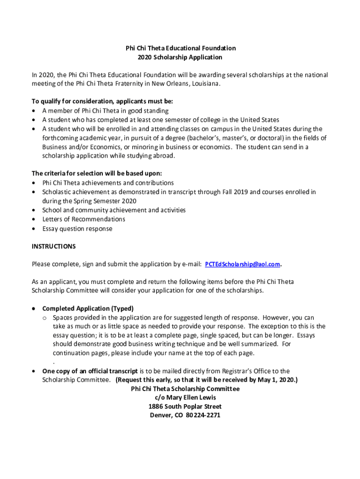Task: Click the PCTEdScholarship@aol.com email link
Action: click(x=243, y=264)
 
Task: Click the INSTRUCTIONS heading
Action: click(x=53, y=247)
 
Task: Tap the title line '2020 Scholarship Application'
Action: click(x=180, y=58)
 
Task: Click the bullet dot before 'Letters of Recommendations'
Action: click(x=34, y=219)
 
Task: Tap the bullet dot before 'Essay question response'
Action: click(x=34, y=229)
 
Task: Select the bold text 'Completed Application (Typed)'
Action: click(x=88, y=309)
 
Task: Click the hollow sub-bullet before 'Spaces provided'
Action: click(x=44, y=318)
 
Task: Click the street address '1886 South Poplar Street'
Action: click(x=185, y=406)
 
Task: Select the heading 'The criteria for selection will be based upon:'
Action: click(x=97, y=173)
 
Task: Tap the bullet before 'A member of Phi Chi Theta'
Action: click(x=34, y=111)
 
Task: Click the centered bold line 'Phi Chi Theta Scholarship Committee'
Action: click(x=185, y=389)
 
